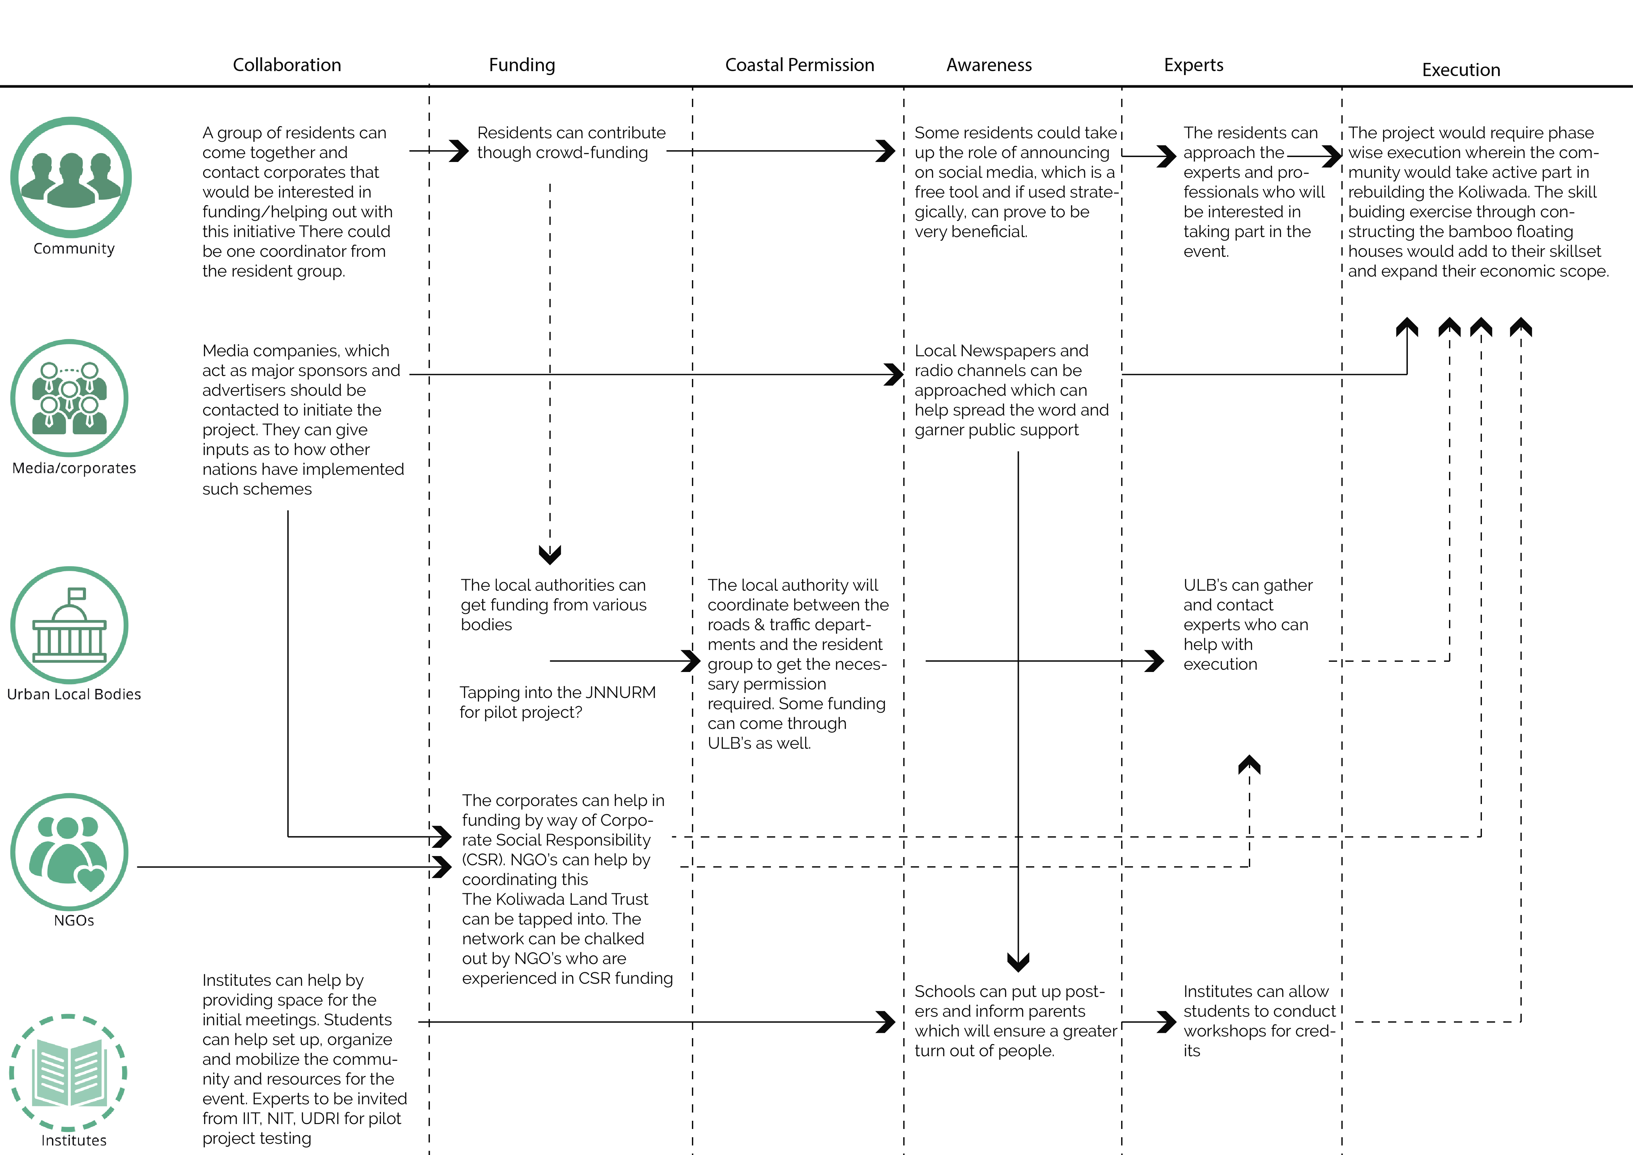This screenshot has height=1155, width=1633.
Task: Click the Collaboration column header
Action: [x=287, y=65]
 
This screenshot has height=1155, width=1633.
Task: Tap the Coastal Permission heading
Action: [x=800, y=65]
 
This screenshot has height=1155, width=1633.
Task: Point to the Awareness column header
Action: [x=988, y=65]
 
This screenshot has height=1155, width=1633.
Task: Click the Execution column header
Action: [x=1461, y=70]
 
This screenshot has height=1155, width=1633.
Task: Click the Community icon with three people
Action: [x=71, y=177]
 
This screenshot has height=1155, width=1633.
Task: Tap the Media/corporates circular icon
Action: [x=70, y=398]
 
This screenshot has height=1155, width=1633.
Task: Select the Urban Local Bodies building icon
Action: [x=70, y=625]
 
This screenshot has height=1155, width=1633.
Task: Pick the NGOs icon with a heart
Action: [x=70, y=852]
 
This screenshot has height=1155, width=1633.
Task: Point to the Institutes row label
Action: [x=74, y=1140]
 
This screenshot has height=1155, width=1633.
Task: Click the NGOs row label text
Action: [x=74, y=920]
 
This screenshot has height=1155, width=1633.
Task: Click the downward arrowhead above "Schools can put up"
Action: [x=1018, y=962]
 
